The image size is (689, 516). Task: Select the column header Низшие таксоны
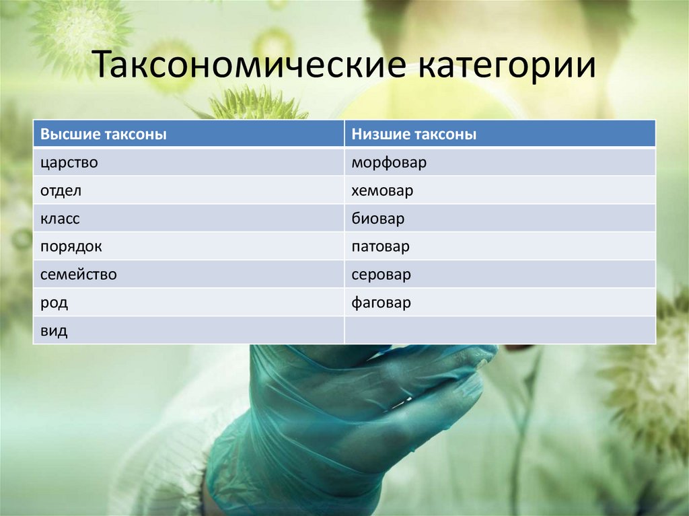coord(413,135)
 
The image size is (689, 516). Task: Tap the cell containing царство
coord(69,163)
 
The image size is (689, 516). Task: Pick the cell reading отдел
coord(61,191)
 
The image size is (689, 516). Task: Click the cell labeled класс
coord(60,219)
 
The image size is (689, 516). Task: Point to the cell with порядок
coord(71,247)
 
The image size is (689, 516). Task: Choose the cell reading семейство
coord(79,275)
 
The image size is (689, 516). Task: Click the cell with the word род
coord(54,303)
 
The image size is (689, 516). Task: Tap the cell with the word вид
coord(54,331)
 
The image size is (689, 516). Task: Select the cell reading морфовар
coord(388,163)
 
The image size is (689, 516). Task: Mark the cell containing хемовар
coord(382,191)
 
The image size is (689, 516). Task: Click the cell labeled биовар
coord(377,219)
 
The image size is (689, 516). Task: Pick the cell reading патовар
coord(380,247)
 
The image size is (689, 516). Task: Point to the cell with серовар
coord(381,275)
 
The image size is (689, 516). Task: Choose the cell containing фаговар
coord(381,303)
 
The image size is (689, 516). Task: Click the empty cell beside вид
coord(499,331)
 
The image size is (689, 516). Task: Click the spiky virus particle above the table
coord(249,104)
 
